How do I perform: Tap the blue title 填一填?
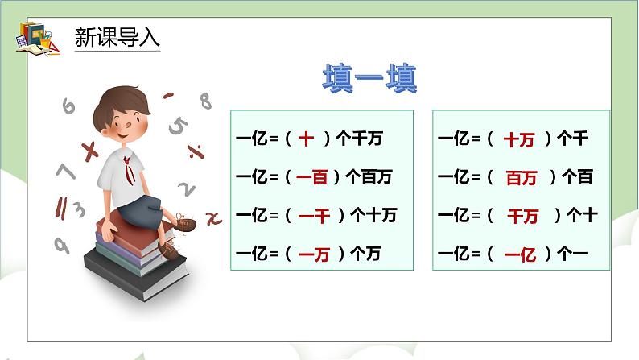(x=369, y=81)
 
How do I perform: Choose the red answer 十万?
(x=519, y=139)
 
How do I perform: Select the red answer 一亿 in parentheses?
(x=519, y=254)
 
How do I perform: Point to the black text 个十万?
(x=374, y=216)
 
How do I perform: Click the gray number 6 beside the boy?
(x=68, y=106)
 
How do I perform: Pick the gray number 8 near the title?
(x=205, y=101)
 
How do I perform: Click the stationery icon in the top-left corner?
(x=35, y=36)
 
